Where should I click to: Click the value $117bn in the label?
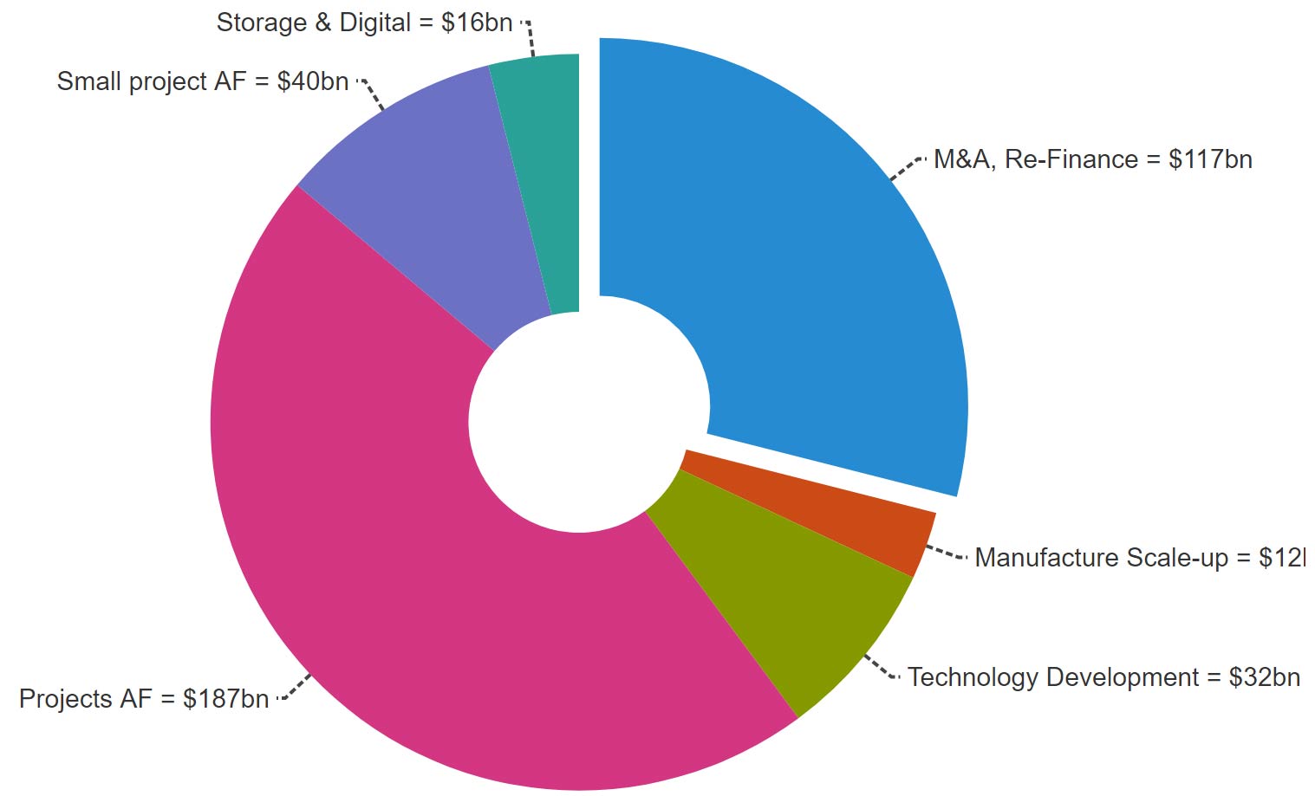(x=1210, y=160)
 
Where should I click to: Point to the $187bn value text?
(x=225, y=699)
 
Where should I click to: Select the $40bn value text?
(x=313, y=81)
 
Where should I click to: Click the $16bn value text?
(x=477, y=23)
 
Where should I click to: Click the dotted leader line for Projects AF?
(x=295, y=688)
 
